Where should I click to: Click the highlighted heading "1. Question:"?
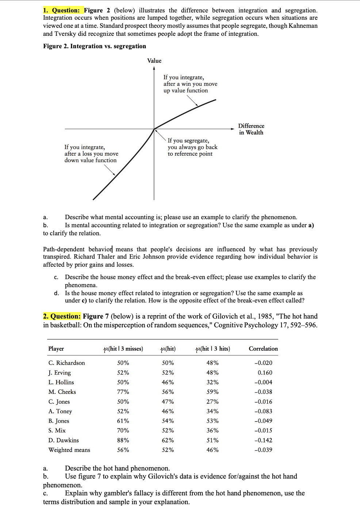click(x=63, y=10)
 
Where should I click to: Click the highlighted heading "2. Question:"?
click(x=62, y=316)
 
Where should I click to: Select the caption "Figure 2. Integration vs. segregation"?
click(x=95, y=46)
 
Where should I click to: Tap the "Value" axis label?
click(x=154, y=61)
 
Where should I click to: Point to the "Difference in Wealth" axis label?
click(x=251, y=129)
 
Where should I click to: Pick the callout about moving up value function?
click(x=190, y=84)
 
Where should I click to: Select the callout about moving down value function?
click(x=91, y=153)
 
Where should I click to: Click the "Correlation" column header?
click(x=263, y=349)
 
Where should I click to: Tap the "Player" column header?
click(x=56, y=349)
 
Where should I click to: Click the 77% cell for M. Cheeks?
click(x=123, y=392)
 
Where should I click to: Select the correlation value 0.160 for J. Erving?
click(x=265, y=373)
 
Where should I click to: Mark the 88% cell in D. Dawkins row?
click(x=123, y=440)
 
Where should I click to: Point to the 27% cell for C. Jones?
click(x=212, y=401)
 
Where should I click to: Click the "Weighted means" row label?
click(x=69, y=450)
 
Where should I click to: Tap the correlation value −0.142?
click(x=263, y=440)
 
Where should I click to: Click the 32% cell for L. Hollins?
click(x=212, y=382)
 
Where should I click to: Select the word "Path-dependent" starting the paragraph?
click(x=64, y=249)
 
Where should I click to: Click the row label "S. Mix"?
click(x=57, y=431)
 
